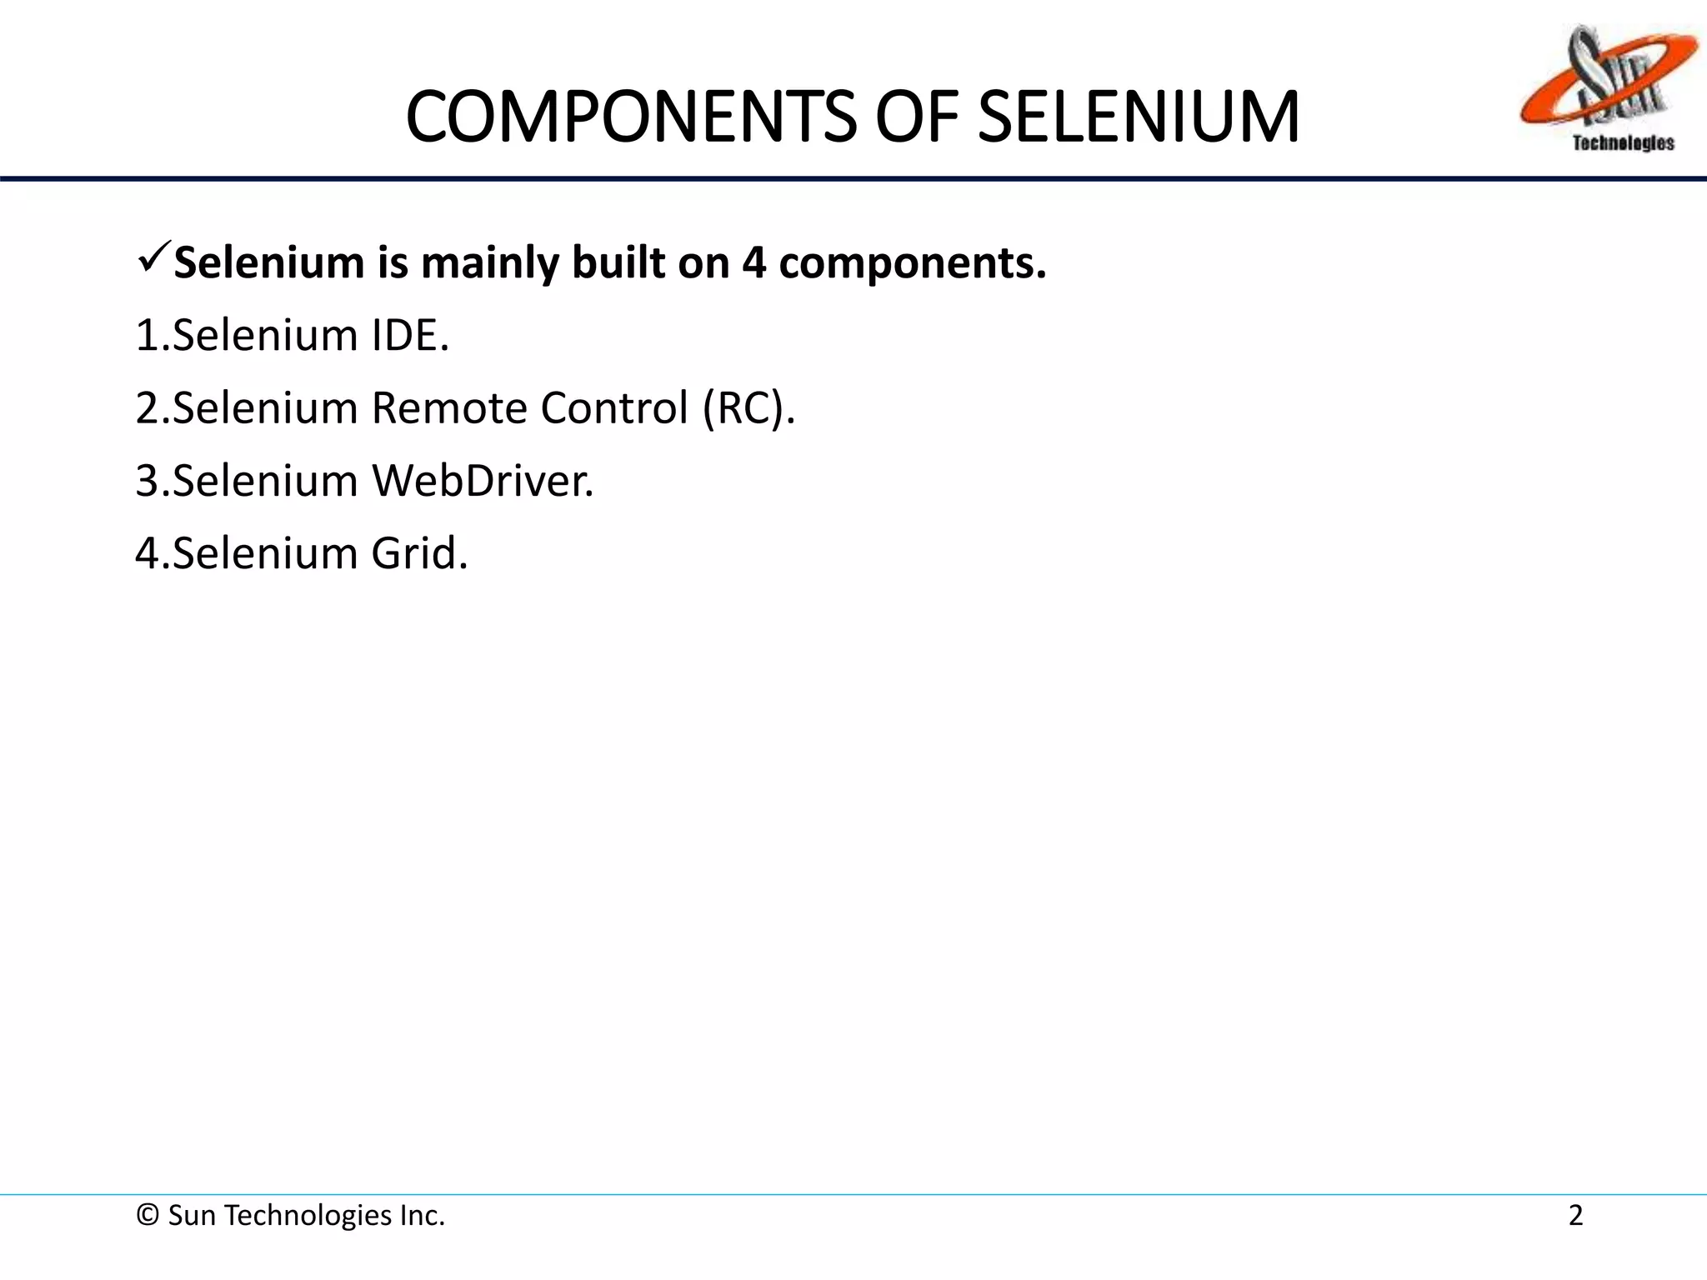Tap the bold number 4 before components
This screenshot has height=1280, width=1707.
coord(753,263)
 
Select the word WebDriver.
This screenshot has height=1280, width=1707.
coord(483,481)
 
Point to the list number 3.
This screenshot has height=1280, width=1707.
coord(147,481)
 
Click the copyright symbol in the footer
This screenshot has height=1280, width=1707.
coord(148,1216)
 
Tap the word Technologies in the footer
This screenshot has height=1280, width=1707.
coord(309,1216)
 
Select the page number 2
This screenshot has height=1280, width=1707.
coord(1575,1216)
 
